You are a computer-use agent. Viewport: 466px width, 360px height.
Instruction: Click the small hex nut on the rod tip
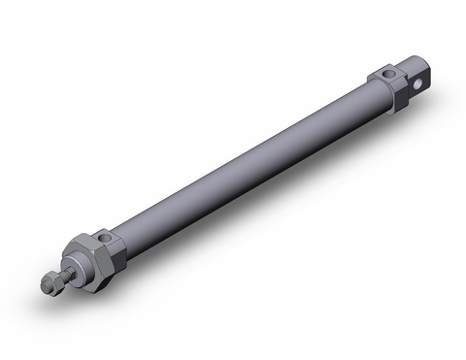50,283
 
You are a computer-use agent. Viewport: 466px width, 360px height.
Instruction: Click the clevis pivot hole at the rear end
418,83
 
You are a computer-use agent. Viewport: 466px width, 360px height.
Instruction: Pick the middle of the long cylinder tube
243,165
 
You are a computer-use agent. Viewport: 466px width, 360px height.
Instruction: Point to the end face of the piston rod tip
45,287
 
